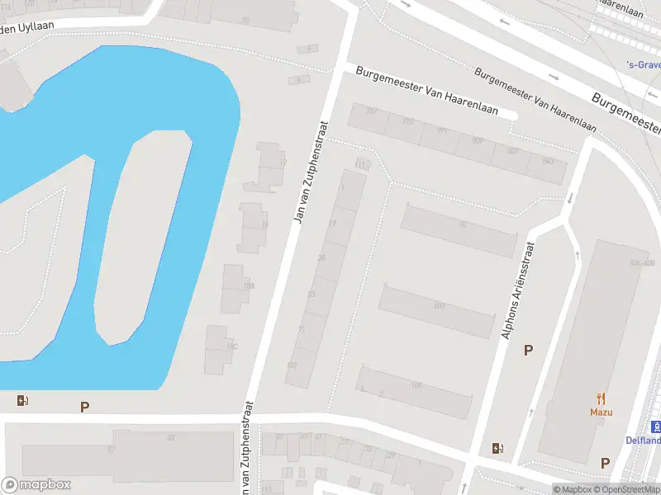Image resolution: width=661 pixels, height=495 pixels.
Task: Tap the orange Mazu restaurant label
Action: click(600, 412)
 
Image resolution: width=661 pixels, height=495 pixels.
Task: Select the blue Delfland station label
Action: click(643, 441)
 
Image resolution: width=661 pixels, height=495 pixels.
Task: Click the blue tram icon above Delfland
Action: click(656, 426)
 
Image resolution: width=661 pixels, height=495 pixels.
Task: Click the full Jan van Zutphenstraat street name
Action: click(311, 172)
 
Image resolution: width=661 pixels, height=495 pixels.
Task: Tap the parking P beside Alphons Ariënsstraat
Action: click(528, 350)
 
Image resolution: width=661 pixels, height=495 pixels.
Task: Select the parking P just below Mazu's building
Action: click(605, 463)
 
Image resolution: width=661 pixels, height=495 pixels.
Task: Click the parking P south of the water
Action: click(83, 406)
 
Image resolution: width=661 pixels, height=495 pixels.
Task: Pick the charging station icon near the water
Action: click(22, 401)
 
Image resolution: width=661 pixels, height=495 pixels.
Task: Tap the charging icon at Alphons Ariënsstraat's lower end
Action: click(497, 448)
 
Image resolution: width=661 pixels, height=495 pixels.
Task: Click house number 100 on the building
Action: click(439, 306)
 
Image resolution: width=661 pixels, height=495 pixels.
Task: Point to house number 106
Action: click(416, 385)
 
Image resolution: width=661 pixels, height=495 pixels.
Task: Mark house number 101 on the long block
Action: click(292, 365)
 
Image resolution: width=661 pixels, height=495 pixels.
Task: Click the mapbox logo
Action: click(36, 485)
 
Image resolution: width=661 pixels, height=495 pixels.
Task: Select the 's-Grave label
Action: click(643, 64)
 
